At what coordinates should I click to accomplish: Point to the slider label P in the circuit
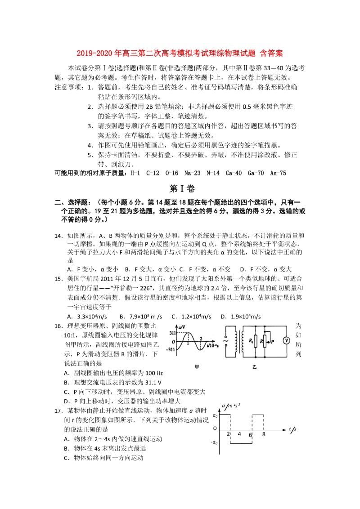tap(272, 342)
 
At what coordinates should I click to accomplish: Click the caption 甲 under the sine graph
tap(196, 366)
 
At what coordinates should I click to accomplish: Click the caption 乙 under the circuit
tap(254, 366)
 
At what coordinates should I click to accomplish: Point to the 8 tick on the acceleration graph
tap(264, 434)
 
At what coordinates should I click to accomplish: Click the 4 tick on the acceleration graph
tap(239, 434)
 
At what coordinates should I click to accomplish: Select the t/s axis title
tap(292, 429)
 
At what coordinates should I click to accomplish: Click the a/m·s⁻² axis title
tap(231, 406)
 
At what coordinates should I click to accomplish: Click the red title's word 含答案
tap(270, 54)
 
